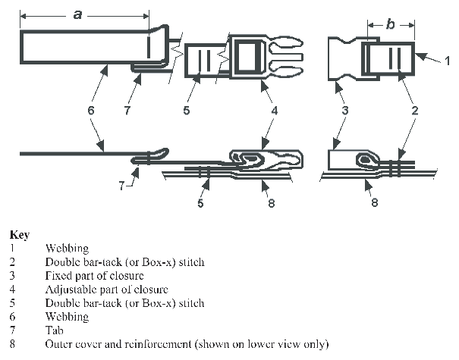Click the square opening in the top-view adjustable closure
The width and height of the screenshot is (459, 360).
(247, 57)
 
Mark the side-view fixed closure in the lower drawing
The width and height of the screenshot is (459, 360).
(357, 160)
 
